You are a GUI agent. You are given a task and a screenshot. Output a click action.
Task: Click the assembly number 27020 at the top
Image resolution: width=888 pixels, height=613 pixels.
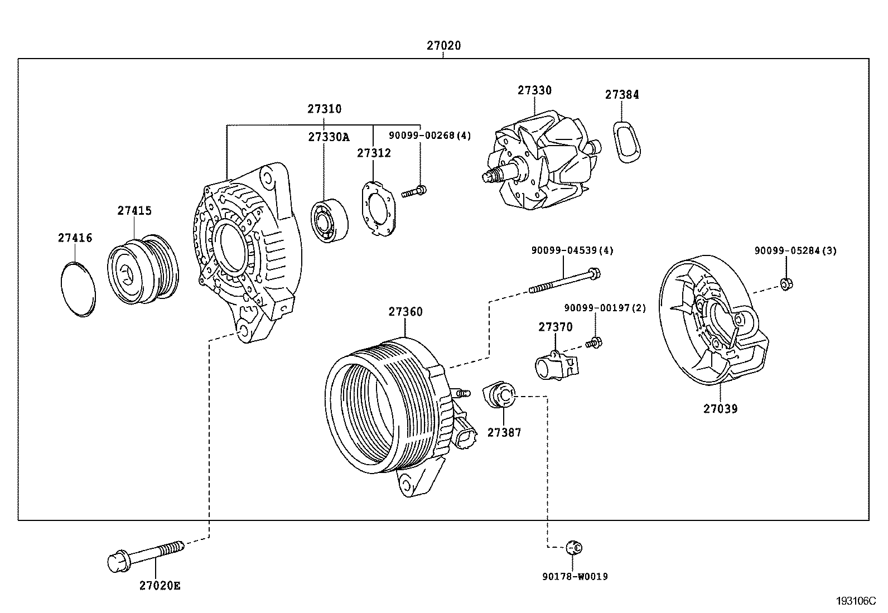(443, 46)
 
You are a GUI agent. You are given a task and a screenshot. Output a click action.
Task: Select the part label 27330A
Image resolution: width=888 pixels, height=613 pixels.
(329, 137)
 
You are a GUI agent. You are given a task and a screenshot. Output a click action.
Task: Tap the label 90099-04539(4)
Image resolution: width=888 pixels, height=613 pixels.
(572, 250)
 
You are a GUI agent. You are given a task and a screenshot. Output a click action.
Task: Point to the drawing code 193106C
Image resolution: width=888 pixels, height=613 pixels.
(856, 601)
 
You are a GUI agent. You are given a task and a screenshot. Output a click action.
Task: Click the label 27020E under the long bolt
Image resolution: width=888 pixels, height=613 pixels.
(160, 586)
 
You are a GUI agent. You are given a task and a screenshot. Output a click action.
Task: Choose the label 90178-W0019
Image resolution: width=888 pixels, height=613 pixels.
(575, 576)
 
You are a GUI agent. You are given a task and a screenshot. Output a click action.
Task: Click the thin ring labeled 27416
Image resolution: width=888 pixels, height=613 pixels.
(78, 289)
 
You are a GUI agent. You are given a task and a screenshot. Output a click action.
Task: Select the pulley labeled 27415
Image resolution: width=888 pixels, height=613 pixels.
(143, 269)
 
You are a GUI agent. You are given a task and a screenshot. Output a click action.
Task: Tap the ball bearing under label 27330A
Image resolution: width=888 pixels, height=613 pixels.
(330, 221)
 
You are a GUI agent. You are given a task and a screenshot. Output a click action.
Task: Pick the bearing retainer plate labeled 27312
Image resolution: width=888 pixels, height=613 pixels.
(379, 209)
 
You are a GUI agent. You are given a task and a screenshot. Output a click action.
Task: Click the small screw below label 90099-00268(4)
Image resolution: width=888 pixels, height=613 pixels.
(414, 192)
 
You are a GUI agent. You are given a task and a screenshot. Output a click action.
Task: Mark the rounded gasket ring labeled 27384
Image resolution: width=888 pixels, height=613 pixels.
(627, 142)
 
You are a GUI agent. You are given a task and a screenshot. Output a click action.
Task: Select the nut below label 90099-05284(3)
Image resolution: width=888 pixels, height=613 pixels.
(786, 284)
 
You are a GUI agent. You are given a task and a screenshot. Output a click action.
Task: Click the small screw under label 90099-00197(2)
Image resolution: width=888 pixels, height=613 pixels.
(594, 342)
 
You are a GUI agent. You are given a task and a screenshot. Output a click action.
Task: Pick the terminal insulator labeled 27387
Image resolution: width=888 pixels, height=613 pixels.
(499, 394)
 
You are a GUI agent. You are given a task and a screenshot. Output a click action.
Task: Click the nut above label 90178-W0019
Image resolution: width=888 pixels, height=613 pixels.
(574, 548)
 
